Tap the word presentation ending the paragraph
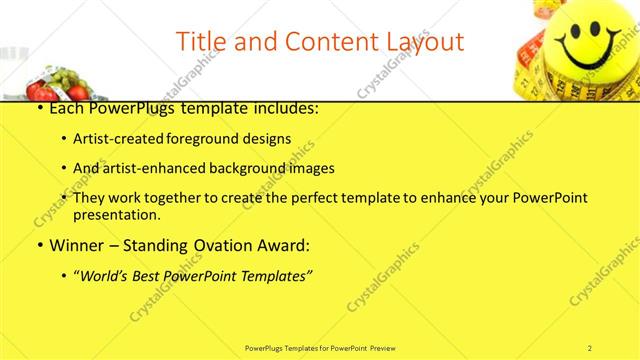click(x=116, y=214)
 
